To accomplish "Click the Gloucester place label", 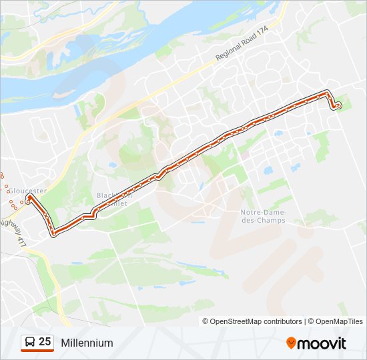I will (x=27, y=191).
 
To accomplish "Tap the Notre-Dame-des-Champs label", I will (x=262, y=216).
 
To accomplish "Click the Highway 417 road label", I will (x=13, y=230).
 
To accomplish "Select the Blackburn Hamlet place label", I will (x=114, y=199).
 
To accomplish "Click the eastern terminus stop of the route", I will (x=338, y=105).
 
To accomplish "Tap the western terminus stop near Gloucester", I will (x=28, y=197).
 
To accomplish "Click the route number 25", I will (x=45, y=342).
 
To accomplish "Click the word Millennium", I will (x=87, y=343).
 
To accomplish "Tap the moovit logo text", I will (x=322, y=343).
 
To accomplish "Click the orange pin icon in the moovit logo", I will (x=291, y=343).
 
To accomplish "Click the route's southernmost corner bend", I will (x=53, y=233).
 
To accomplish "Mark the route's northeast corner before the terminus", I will (x=327, y=91).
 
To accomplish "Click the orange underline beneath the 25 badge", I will (x=37, y=351).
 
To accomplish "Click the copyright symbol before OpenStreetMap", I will (x=206, y=321).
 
